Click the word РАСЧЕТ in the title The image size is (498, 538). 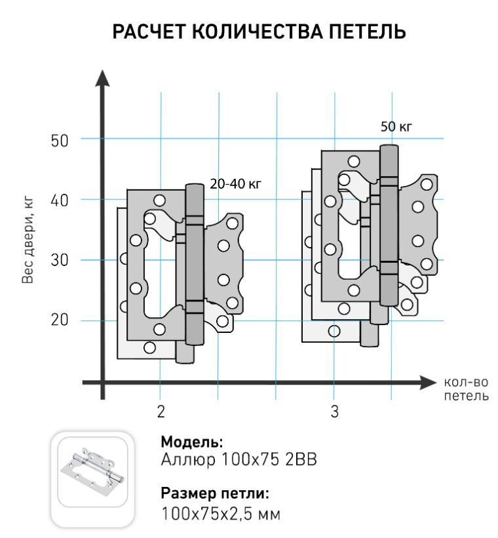pyautogui.click(x=149, y=31)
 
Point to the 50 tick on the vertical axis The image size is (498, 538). pyautogui.click(x=60, y=141)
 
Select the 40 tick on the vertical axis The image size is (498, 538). pyautogui.click(x=60, y=201)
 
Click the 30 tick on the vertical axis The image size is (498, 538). pyautogui.click(x=60, y=260)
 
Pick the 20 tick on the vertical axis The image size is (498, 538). pyautogui.click(x=60, y=320)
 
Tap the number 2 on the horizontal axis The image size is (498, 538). pyautogui.click(x=161, y=412)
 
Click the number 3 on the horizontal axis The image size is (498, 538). pyautogui.click(x=335, y=412)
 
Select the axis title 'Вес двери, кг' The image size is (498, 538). pyautogui.click(x=28, y=240)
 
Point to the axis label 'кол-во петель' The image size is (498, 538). pyautogui.click(x=467, y=389)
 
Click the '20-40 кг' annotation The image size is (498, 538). pyautogui.click(x=235, y=184)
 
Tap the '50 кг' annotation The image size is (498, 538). pyautogui.click(x=396, y=127)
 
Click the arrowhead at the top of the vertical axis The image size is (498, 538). pyautogui.click(x=102, y=78)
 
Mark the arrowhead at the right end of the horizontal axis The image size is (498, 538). pyautogui.click(x=428, y=383)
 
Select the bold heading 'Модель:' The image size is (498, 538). pyautogui.click(x=192, y=442)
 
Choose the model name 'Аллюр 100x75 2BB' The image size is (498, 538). pyautogui.click(x=239, y=460)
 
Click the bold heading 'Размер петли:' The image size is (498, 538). pyautogui.click(x=215, y=493)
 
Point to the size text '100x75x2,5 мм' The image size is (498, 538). pyautogui.click(x=221, y=514)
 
